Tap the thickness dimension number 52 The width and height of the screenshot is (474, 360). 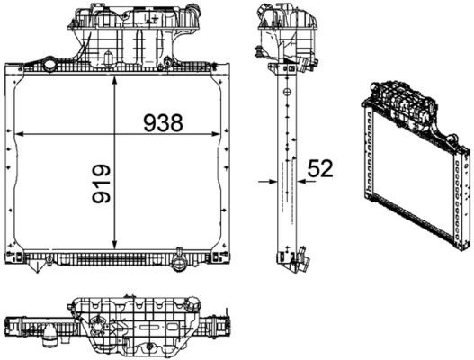[x=321, y=168]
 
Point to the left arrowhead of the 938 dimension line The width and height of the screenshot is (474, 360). [x=23, y=134]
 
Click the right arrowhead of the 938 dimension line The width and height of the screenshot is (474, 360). [x=213, y=134]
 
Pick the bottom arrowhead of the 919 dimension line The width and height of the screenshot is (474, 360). [x=115, y=246]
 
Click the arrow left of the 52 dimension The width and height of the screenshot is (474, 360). [x=270, y=181]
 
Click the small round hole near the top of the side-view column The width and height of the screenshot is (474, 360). [x=285, y=90]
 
